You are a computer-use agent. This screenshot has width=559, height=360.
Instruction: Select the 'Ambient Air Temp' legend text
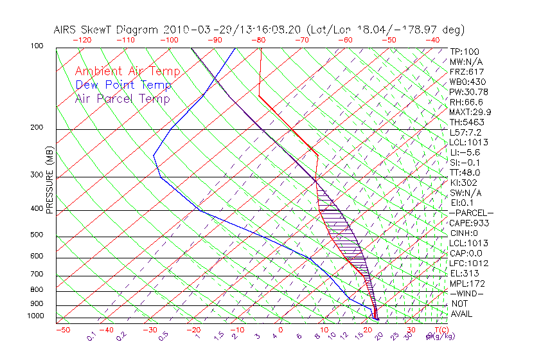click(x=127, y=71)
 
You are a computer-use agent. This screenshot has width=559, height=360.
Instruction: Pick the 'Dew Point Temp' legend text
click(x=123, y=85)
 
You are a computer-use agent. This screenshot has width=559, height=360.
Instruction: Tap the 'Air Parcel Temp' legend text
click(x=122, y=98)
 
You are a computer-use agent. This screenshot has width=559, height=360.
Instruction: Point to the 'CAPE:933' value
click(x=470, y=223)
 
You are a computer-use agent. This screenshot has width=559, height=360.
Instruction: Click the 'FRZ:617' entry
click(x=467, y=72)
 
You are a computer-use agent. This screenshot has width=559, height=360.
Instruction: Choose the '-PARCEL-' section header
click(x=471, y=213)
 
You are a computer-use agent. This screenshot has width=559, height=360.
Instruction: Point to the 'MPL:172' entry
click(x=467, y=283)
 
